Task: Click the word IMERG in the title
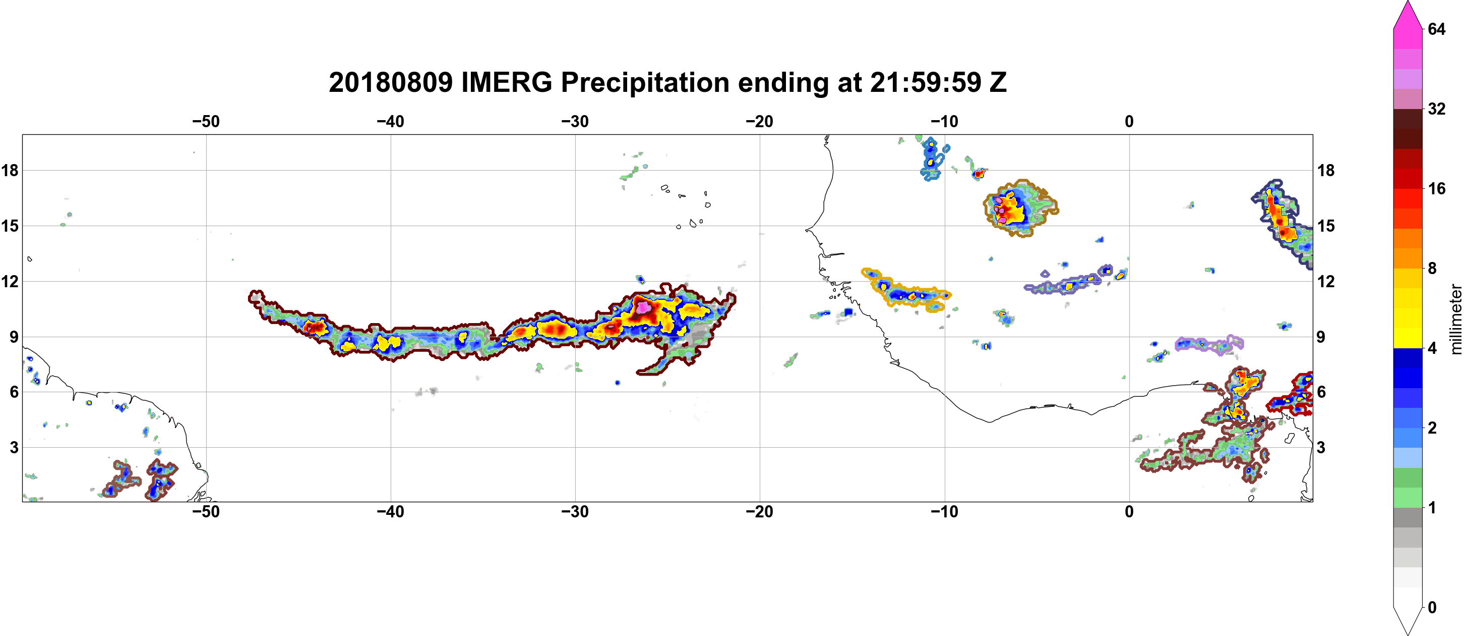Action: (506, 82)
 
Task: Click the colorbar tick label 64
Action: (1437, 29)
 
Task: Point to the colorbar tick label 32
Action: (1437, 109)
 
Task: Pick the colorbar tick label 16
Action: (1437, 188)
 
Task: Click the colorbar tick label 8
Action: (1432, 268)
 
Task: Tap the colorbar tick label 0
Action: (1432, 608)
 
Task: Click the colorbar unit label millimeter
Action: (1456, 320)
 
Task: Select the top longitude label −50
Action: (206, 122)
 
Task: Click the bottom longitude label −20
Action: (759, 512)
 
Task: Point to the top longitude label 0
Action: (1129, 122)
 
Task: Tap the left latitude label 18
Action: (10, 170)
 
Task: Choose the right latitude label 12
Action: (1326, 281)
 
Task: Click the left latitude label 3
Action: (14, 447)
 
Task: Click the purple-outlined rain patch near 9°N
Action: (1209, 345)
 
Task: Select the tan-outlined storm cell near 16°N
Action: (1021, 208)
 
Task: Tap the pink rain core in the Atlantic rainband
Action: (643, 307)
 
